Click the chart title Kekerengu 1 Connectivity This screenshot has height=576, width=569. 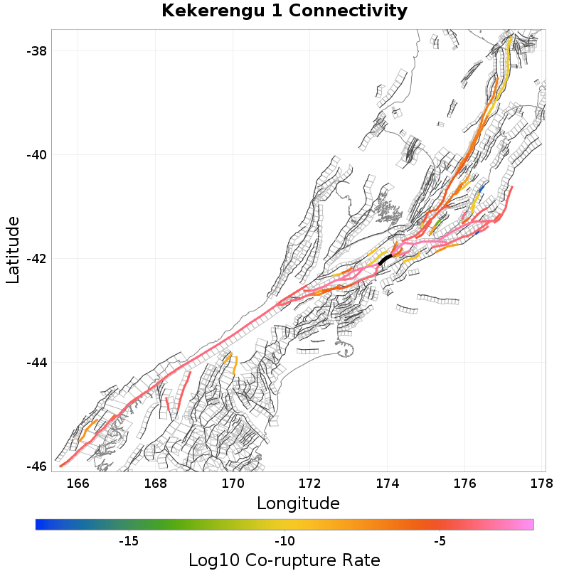coord(284,11)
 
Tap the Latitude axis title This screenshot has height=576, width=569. coord(13,251)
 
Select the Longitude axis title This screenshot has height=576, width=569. coord(298,503)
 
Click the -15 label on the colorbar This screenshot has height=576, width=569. coord(128,541)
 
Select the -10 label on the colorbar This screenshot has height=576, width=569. coord(284,541)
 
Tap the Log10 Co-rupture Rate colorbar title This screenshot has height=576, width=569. coord(284,560)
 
